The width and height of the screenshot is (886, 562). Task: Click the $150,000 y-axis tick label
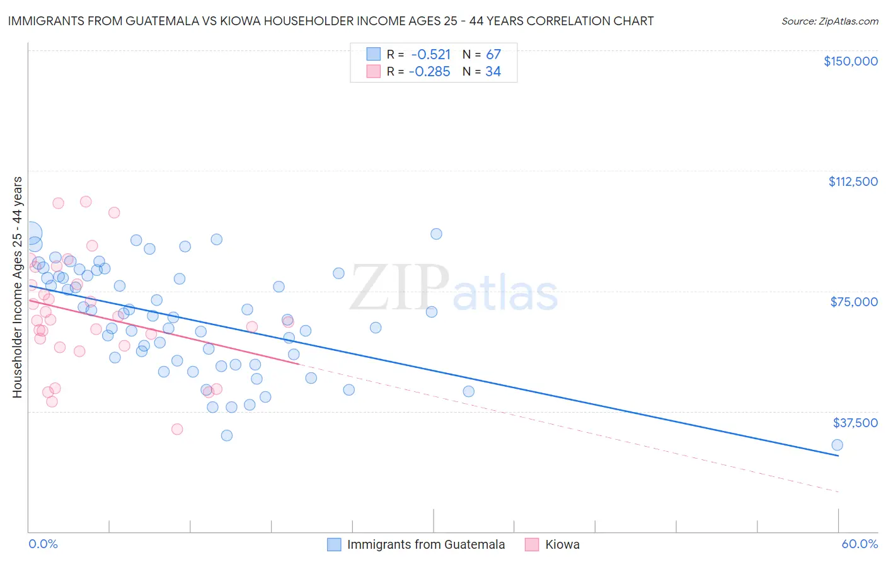click(x=850, y=61)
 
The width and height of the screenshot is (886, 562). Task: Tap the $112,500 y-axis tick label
click(x=853, y=181)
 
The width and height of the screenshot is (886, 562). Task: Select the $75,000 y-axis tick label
click(x=854, y=302)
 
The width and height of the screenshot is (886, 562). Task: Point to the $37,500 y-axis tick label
click(x=854, y=423)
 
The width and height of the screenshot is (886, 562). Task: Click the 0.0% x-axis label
click(x=43, y=544)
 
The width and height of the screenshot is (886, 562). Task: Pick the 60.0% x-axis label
click(x=860, y=544)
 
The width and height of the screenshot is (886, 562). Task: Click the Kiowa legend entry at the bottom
click(x=562, y=544)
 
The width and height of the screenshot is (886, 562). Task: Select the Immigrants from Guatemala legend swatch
click(x=334, y=544)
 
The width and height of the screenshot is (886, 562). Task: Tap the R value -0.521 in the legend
click(x=431, y=54)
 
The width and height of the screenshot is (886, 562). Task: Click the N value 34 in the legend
click(x=493, y=72)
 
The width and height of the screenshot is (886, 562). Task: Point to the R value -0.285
click(x=430, y=72)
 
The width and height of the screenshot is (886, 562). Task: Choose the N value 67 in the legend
click(x=493, y=54)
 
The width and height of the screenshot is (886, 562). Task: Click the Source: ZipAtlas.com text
click(x=829, y=21)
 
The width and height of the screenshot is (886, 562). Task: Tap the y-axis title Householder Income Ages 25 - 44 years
click(x=17, y=287)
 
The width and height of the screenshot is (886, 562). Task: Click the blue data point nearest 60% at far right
click(x=837, y=445)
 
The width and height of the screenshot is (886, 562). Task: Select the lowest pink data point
click(x=177, y=429)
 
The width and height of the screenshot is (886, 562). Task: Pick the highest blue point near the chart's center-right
click(x=436, y=234)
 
